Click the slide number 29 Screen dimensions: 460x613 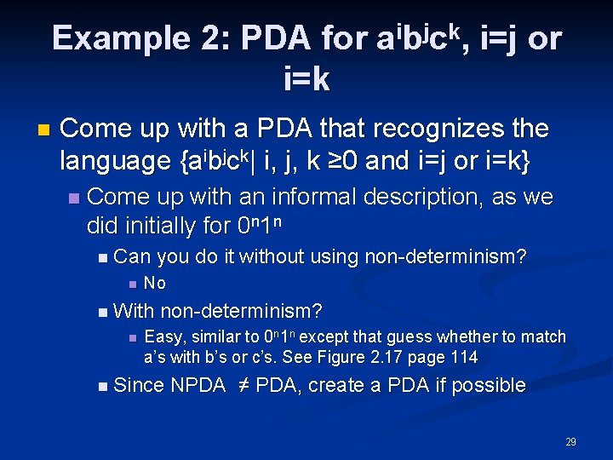[x=570, y=442]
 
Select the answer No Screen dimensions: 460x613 [x=155, y=283]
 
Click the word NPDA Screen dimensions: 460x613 [x=198, y=386]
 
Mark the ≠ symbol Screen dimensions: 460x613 [x=241, y=386]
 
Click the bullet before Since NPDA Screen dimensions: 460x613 [x=102, y=387]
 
